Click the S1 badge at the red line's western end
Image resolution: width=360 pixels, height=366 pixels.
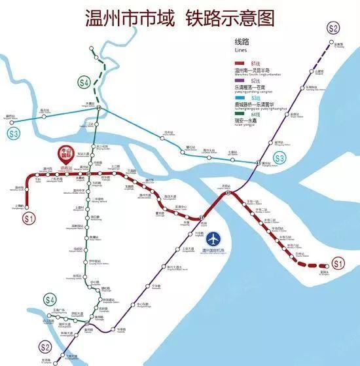pos(29,218)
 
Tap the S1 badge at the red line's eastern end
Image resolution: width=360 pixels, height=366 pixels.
pos(338,264)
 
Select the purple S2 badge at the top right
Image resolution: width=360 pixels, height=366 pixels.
pos(334,28)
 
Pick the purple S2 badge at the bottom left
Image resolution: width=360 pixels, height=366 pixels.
pos(45,347)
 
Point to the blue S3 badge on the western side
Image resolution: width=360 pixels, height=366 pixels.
pos(14,134)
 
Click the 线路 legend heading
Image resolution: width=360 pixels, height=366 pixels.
pos(243,41)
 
